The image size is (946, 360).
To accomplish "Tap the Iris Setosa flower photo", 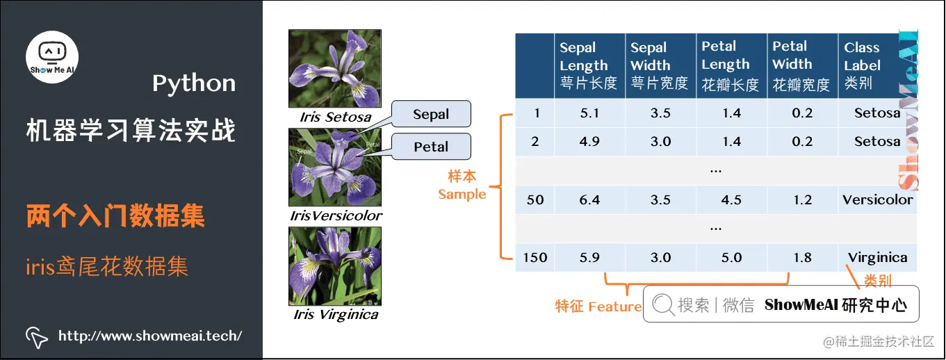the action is (x=335, y=68).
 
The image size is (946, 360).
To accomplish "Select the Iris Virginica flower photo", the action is (x=335, y=266).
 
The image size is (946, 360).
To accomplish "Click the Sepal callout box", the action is (x=431, y=114).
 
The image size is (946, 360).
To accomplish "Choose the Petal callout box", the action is (x=431, y=147).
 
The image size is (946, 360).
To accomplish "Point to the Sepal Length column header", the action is (x=589, y=65).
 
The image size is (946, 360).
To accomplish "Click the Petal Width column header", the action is (x=801, y=65).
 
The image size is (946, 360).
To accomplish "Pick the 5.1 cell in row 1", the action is (x=589, y=113).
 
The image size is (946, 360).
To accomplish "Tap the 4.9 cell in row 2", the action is (x=589, y=142).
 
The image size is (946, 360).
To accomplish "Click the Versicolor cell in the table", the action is (x=877, y=200).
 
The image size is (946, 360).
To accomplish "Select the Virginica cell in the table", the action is (x=877, y=258).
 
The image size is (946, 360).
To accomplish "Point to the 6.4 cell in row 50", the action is (x=589, y=200).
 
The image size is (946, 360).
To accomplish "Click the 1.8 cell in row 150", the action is (x=802, y=258).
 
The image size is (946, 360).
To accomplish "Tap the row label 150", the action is (x=535, y=258).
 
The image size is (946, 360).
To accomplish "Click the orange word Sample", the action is (x=462, y=194).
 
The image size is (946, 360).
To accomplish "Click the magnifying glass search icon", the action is (x=663, y=304).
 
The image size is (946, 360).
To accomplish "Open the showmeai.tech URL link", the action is (x=149, y=336).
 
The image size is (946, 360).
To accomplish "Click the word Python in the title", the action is (x=194, y=84).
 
